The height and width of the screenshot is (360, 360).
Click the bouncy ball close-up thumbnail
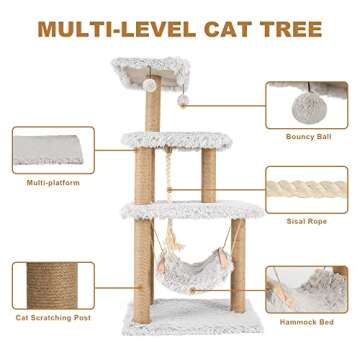306,104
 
